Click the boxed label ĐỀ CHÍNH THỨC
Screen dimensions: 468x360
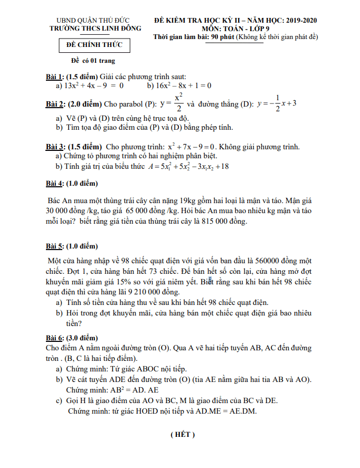(94, 45)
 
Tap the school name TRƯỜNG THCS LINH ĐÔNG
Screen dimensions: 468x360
(95, 28)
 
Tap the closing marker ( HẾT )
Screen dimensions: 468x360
(183, 435)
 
